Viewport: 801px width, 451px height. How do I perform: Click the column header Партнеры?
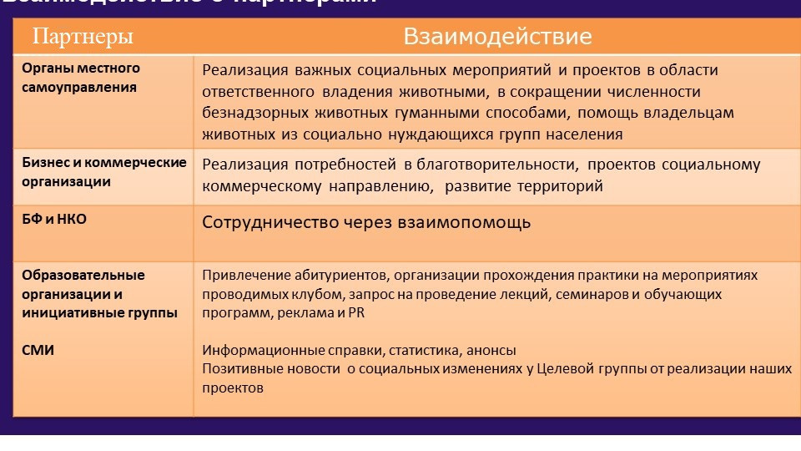(83, 37)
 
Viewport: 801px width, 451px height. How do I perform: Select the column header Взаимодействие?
(497, 37)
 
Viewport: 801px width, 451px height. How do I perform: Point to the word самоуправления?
(79, 87)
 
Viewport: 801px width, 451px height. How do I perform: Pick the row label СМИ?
(38, 351)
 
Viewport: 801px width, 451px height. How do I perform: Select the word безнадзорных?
(249, 113)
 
